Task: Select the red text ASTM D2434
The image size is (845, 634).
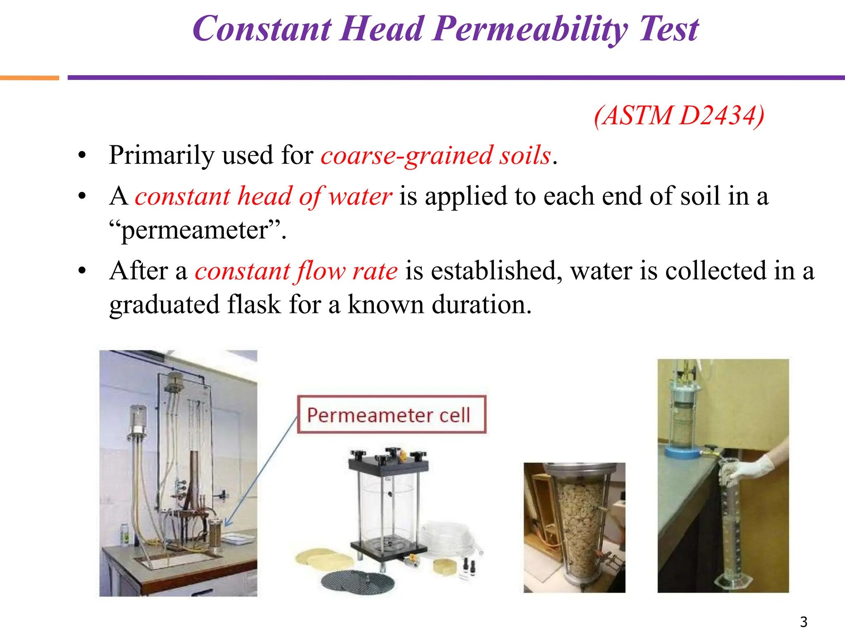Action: click(x=679, y=116)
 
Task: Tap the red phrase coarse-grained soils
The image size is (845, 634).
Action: click(x=436, y=156)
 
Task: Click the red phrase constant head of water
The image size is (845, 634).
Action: click(x=263, y=196)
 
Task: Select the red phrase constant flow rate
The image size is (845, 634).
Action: click(x=296, y=272)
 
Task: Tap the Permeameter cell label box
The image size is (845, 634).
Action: click(x=391, y=414)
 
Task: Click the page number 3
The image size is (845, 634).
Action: click(x=803, y=621)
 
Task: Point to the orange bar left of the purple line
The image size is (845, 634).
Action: click(x=29, y=78)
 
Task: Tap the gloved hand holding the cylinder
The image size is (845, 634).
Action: click(x=751, y=466)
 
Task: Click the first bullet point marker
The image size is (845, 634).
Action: click(x=82, y=156)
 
